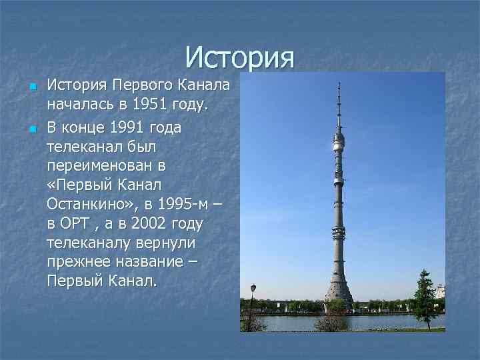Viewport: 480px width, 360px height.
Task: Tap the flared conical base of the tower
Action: [x=338, y=290]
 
